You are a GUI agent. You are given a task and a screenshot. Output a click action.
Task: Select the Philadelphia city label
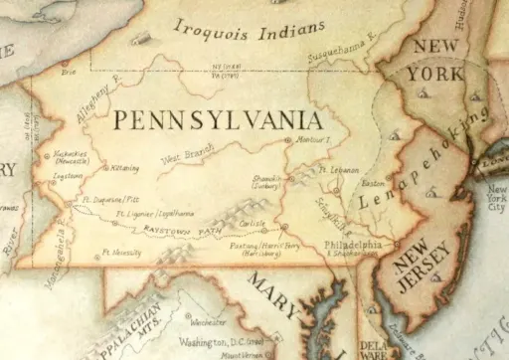pyautogui.click(x=353, y=245)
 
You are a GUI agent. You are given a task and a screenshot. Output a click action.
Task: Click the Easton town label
pyautogui.click(x=373, y=184)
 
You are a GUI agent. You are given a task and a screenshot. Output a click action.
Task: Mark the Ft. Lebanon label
pyautogui.click(x=340, y=170)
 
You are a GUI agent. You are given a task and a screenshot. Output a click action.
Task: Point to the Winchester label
pyautogui.click(x=208, y=322)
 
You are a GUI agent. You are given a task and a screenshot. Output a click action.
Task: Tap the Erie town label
pyautogui.click(x=69, y=73)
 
